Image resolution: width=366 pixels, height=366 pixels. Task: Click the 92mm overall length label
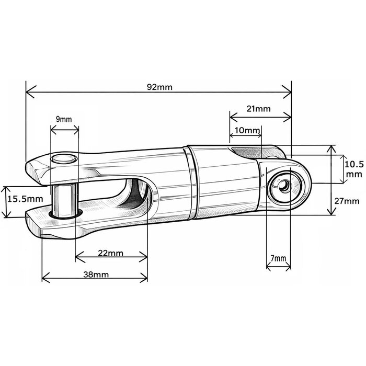pyautogui.click(x=159, y=87)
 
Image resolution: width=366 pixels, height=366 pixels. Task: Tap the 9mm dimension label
pyautogui.click(x=64, y=119)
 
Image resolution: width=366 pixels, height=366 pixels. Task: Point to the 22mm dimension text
pyautogui.click(x=111, y=254)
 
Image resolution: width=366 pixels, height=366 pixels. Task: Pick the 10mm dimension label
pyautogui.click(x=247, y=129)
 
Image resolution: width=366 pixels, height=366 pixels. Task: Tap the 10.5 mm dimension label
pyautogui.click(x=353, y=168)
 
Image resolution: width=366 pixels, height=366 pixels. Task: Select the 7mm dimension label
pyautogui.click(x=278, y=258)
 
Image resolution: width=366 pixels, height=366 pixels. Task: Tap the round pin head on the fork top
pyautogui.click(x=63, y=159)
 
